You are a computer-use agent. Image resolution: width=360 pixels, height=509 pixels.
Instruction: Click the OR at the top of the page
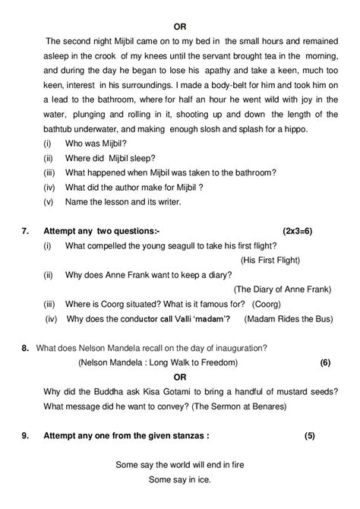pyautogui.click(x=180, y=26)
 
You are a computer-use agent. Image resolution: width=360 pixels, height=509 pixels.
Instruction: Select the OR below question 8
pyautogui.click(x=180, y=377)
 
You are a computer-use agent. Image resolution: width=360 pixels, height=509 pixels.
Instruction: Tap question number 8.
pyautogui.click(x=26, y=348)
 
